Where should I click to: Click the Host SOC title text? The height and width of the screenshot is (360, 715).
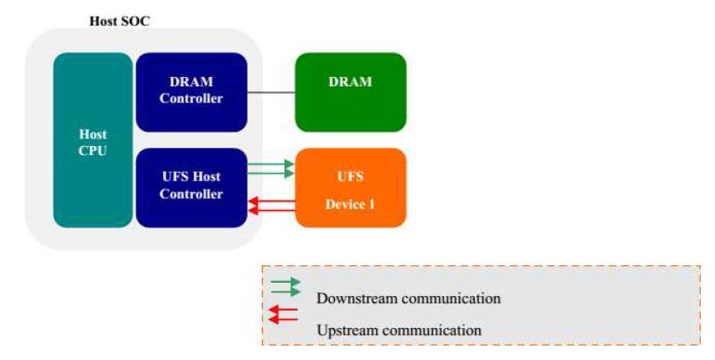(x=119, y=21)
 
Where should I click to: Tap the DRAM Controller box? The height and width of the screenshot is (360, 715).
(x=191, y=91)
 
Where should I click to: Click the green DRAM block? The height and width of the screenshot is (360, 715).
(x=350, y=91)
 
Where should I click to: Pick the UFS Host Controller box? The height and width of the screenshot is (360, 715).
(x=191, y=187)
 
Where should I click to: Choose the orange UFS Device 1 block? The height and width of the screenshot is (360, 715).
(x=350, y=187)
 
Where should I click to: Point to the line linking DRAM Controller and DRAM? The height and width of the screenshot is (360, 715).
(x=271, y=91)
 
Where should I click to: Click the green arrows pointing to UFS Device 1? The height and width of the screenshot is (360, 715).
(x=271, y=170)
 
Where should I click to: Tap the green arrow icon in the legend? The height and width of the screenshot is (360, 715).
(x=285, y=286)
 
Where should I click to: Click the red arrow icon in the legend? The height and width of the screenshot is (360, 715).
(x=284, y=315)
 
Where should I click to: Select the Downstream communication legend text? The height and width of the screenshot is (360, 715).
(x=408, y=299)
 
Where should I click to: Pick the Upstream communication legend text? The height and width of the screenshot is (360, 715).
(x=399, y=331)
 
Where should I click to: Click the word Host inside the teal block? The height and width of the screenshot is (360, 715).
(x=93, y=134)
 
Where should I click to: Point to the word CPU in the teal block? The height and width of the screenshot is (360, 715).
(x=93, y=152)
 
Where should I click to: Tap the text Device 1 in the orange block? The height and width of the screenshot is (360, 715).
(x=350, y=204)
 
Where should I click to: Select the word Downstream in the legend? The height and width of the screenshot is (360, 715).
(x=357, y=299)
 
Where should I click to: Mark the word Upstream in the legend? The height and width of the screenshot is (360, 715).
(x=347, y=331)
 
